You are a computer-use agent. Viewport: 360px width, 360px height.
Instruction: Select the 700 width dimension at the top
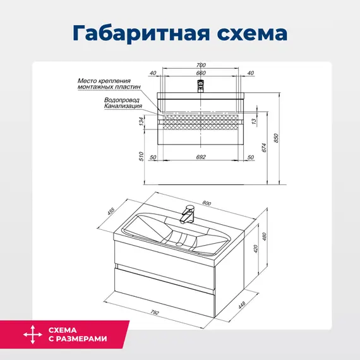click(201, 66)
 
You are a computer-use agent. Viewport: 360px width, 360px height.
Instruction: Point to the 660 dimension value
click(201, 74)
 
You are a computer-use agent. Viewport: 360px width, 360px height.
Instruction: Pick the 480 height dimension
click(273, 237)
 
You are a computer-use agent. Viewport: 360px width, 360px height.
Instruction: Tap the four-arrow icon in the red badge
click(29, 335)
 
